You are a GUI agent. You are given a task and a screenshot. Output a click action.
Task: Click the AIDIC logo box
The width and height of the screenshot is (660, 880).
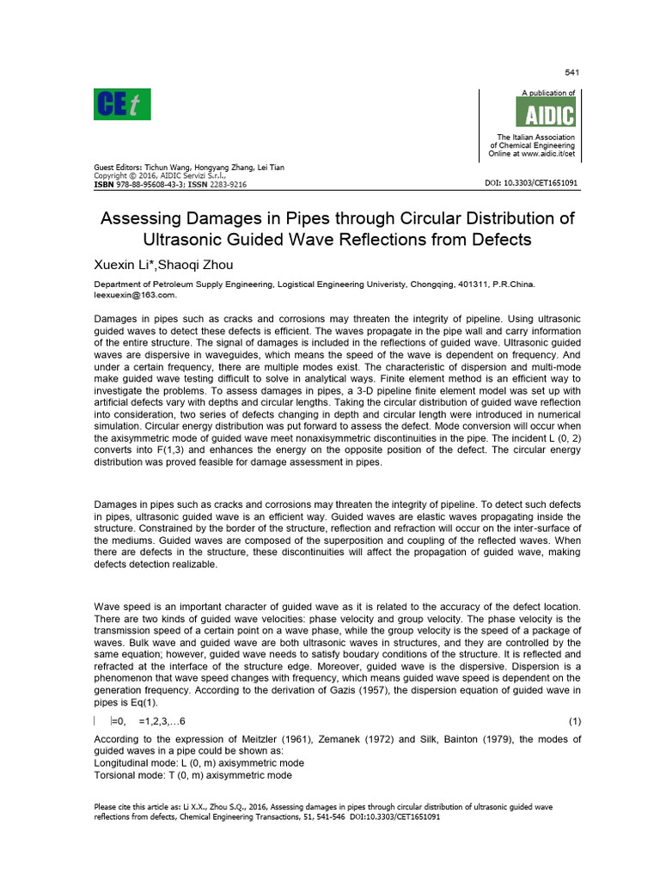click(545, 112)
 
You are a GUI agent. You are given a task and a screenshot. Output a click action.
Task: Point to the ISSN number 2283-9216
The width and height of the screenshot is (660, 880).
click(227, 184)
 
